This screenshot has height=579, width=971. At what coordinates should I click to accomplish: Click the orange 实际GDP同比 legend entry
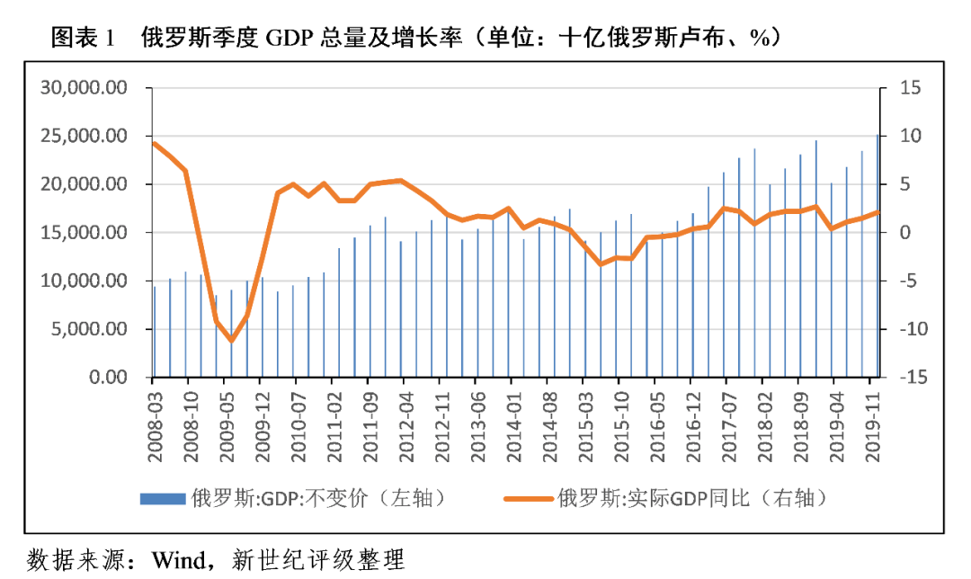[665, 498]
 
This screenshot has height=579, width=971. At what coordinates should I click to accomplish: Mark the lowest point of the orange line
[231, 340]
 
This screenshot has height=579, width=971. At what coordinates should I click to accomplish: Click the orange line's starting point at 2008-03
[155, 144]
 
